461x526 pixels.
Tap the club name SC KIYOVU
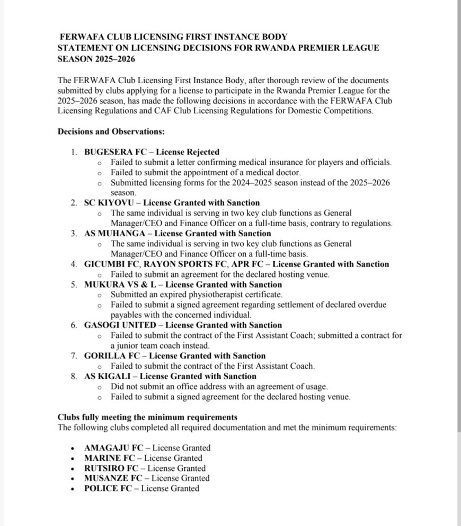pos(108,202)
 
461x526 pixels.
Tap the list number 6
pos(74,325)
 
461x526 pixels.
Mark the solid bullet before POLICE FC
pos(73,488)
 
